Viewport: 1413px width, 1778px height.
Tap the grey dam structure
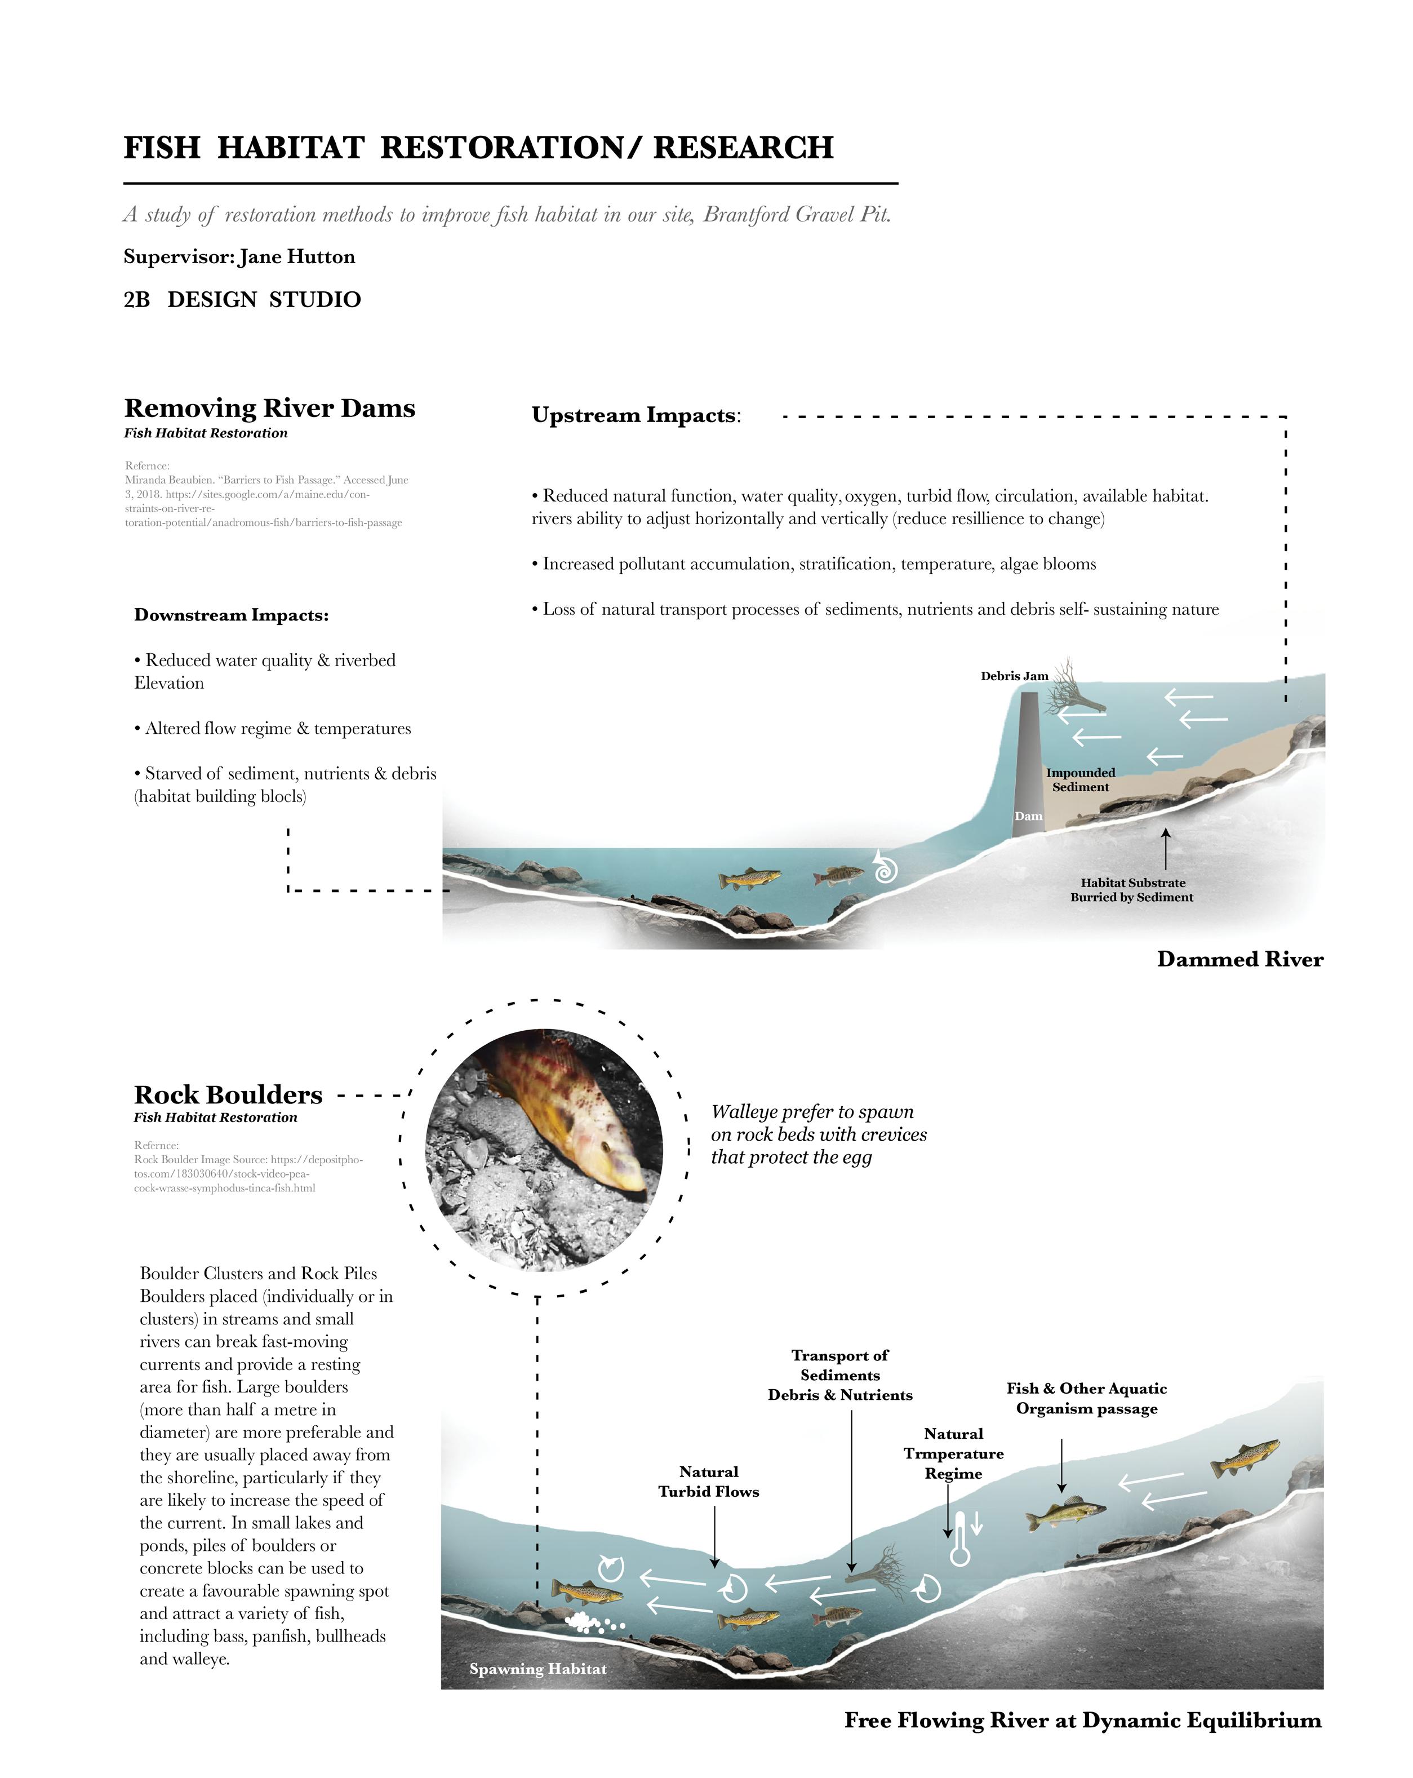click(x=1028, y=767)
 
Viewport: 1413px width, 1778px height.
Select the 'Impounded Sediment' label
click(x=1080, y=779)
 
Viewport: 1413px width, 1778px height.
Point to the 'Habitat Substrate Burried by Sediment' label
click(x=1131, y=890)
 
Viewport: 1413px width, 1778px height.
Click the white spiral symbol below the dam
click(x=884, y=867)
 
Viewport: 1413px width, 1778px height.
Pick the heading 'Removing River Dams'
click(x=269, y=408)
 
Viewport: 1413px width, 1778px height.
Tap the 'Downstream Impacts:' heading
click(x=231, y=615)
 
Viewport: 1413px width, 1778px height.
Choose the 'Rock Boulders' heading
click(x=228, y=1094)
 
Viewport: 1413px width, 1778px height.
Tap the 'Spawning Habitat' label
click(x=537, y=1668)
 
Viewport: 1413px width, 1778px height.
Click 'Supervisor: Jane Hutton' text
click(x=239, y=256)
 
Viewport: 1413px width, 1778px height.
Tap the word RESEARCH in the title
click(x=743, y=148)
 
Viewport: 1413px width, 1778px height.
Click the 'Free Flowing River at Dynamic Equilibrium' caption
click(x=1082, y=1719)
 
